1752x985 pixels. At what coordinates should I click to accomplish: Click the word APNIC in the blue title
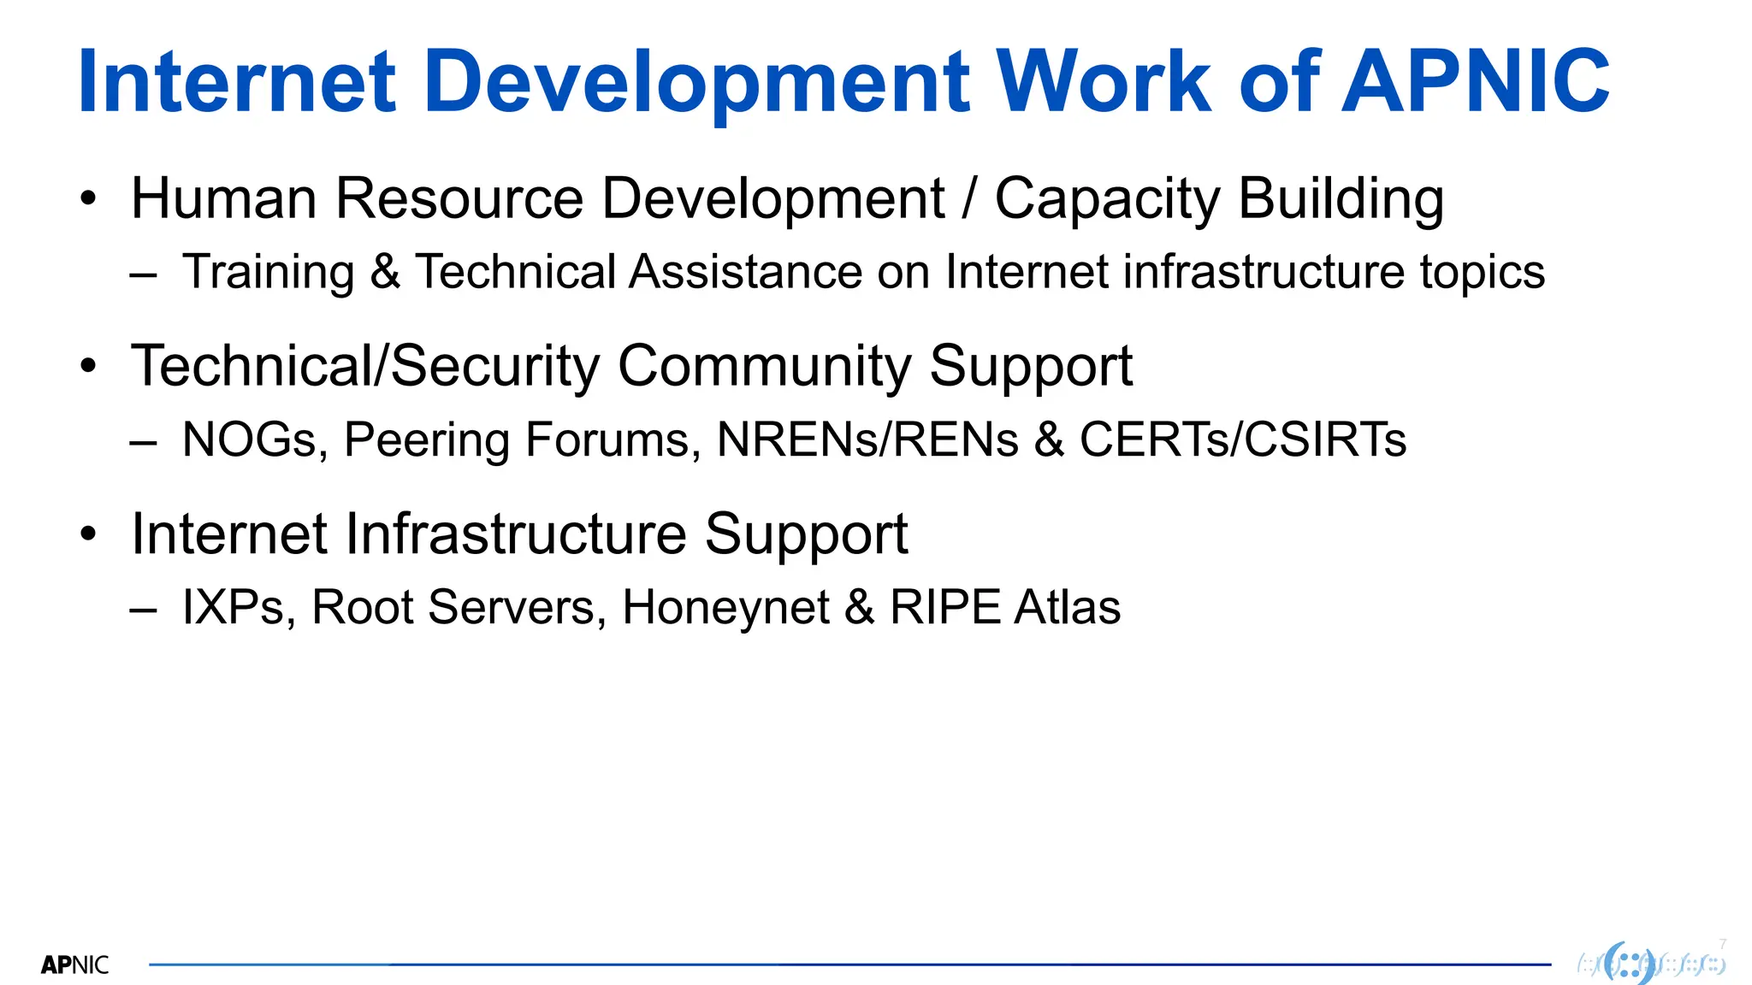[x=1476, y=81]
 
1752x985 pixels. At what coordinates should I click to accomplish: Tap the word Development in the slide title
[x=696, y=83]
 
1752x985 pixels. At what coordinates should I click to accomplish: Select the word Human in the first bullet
[x=224, y=198]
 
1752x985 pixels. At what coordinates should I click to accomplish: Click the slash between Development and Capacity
[x=969, y=198]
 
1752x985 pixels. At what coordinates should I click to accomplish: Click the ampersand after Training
[x=385, y=272]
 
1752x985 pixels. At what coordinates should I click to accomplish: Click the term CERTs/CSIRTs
[x=1242, y=439]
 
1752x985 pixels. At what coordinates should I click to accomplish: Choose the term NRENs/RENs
[x=867, y=439]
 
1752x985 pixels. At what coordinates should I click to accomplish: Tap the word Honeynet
[x=725, y=609]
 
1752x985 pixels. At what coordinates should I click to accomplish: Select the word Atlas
[x=1067, y=607]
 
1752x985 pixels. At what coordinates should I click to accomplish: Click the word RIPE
[x=944, y=607]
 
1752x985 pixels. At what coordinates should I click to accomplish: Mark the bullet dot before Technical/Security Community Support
[x=89, y=367]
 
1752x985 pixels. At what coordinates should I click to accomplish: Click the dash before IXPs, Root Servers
[x=143, y=610]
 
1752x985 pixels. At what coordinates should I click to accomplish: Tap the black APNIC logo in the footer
[x=75, y=965]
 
